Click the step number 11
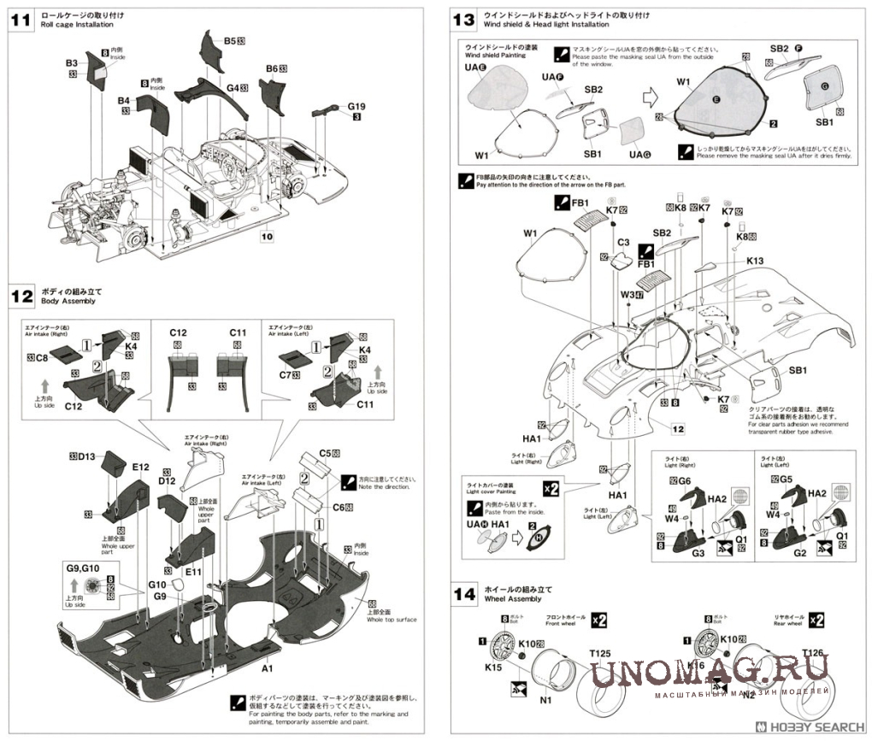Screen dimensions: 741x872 [x=20, y=20]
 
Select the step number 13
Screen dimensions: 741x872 [x=463, y=20]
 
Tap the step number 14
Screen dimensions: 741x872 [x=463, y=595]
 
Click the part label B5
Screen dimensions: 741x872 [x=229, y=40]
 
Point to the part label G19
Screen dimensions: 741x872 [x=356, y=107]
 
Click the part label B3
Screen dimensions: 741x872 [x=72, y=63]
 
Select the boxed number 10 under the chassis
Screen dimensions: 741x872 [x=267, y=236]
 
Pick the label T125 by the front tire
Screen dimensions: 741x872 [x=599, y=654]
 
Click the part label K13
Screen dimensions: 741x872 [x=754, y=261]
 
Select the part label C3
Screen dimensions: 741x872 [x=623, y=243]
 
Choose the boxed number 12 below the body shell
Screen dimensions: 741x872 [x=677, y=429]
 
